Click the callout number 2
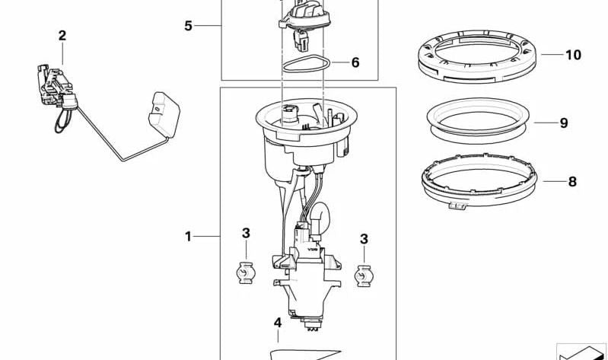[62, 35]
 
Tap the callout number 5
[188, 26]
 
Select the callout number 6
[355, 62]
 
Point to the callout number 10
[572, 55]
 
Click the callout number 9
[564, 123]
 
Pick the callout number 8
[572, 181]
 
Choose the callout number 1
[188, 237]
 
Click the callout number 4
[278, 323]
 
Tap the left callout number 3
[246, 232]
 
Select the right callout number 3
[364, 239]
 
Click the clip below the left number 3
[245, 272]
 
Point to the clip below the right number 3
[364, 274]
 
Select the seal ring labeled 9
[479, 120]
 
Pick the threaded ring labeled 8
[479, 183]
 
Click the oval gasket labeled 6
[304, 65]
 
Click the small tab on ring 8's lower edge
[459, 205]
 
